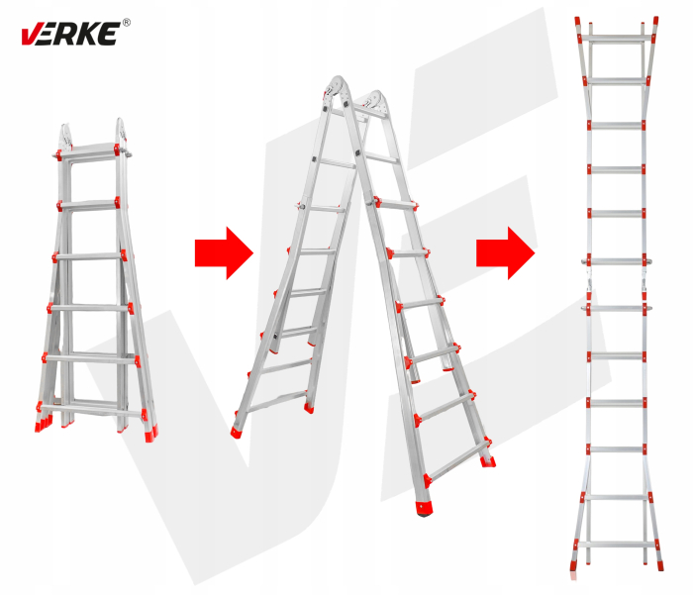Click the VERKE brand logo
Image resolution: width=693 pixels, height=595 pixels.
click(x=70, y=33)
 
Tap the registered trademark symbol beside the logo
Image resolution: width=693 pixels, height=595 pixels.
click(x=126, y=23)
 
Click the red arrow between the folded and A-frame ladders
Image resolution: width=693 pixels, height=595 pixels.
click(x=224, y=253)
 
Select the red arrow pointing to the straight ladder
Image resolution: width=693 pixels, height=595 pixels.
click(x=506, y=253)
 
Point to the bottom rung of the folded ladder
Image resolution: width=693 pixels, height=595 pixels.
click(x=92, y=409)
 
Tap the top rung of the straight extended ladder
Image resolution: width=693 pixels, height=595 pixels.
click(x=616, y=39)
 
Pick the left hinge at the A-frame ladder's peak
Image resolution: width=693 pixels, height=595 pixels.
click(x=337, y=88)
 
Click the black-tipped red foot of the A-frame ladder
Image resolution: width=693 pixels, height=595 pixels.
click(x=424, y=508)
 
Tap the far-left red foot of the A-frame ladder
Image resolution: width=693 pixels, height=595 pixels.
click(x=237, y=432)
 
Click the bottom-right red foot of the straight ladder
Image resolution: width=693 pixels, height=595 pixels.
click(x=660, y=565)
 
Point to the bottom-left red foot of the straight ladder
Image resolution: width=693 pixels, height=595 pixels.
click(x=573, y=566)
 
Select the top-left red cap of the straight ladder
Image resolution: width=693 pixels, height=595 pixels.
click(x=577, y=21)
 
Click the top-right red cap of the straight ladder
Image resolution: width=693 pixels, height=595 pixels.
click(x=655, y=21)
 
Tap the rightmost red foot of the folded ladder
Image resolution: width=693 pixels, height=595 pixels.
click(x=150, y=434)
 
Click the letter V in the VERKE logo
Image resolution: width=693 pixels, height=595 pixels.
click(x=31, y=35)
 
